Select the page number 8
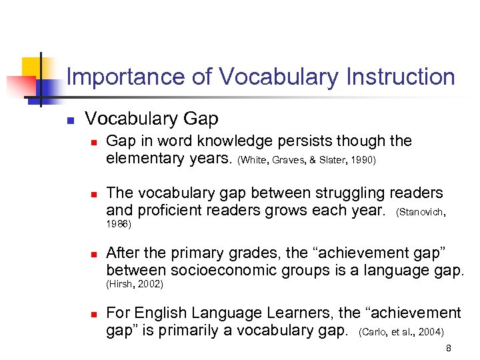coord(449,347)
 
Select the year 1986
coord(119,225)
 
